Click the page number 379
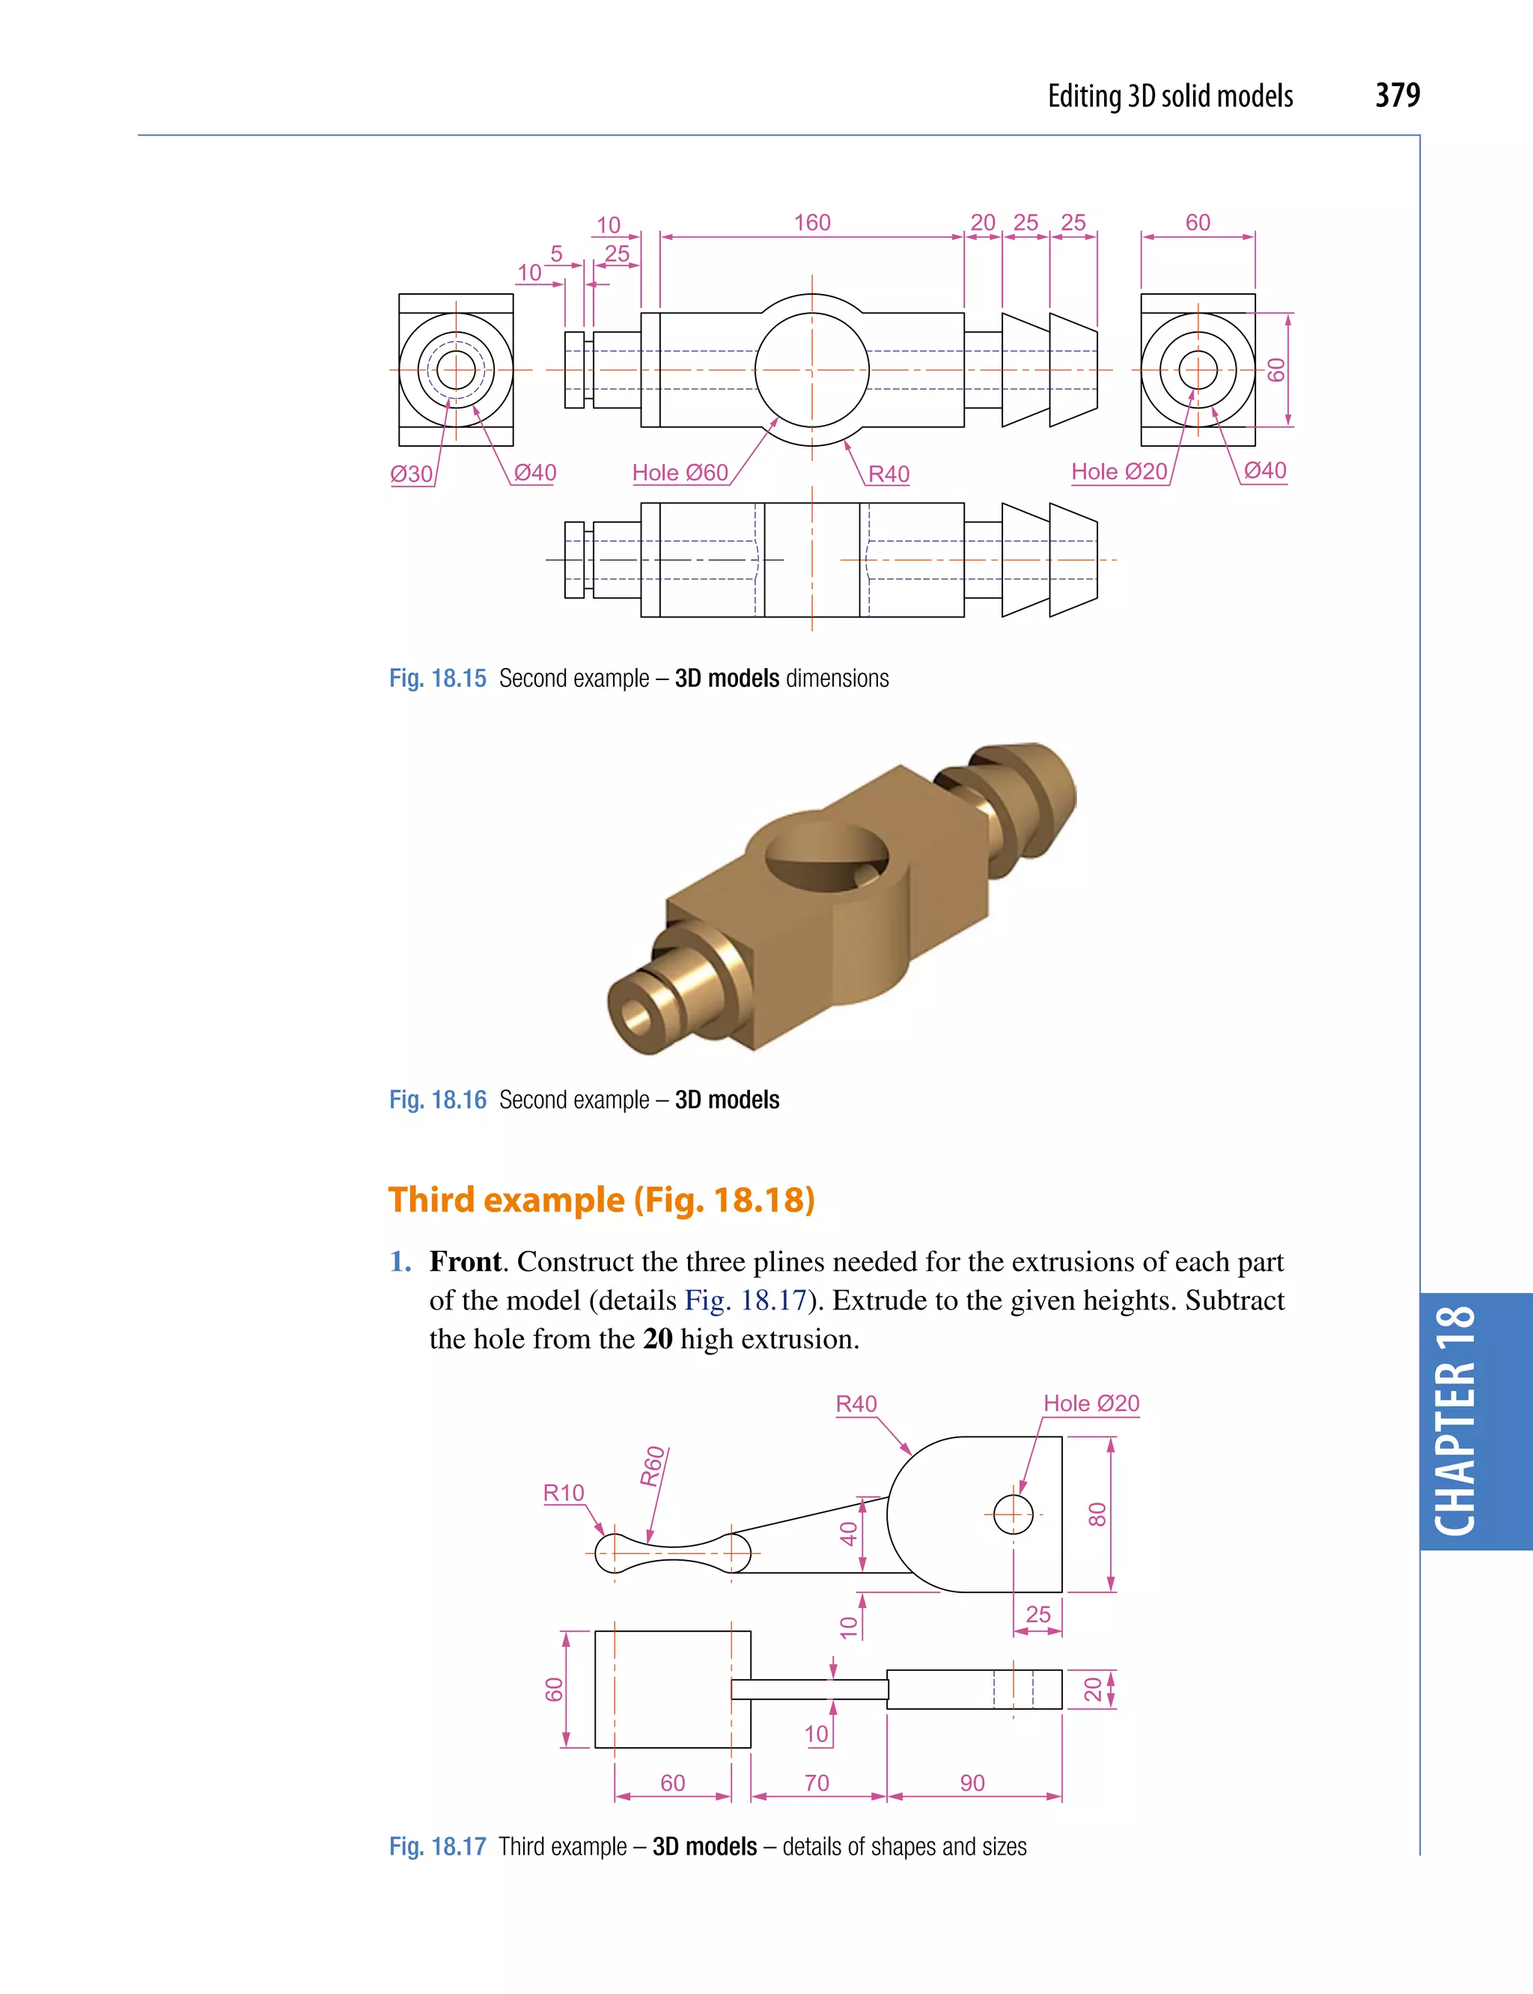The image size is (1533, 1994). [1397, 95]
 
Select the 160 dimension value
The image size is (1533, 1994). [811, 222]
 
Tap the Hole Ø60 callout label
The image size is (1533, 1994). [680, 473]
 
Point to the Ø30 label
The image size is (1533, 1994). [411, 474]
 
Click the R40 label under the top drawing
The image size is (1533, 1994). [888, 474]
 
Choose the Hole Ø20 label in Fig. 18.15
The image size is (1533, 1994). [1119, 471]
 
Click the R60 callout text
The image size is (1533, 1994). [653, 1467]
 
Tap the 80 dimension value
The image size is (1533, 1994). [1097, 1515]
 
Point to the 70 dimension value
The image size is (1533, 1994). [817, 1782]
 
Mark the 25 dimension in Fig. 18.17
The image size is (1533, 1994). [1037, 1615]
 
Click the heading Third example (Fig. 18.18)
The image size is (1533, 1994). [601, 1199]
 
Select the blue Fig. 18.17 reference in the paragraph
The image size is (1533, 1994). [746, 1300]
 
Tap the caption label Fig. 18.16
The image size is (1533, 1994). [438, 1100]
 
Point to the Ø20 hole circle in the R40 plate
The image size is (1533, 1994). [1013, 1515]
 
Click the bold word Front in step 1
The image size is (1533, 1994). [466, 1261]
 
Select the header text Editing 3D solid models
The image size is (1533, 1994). [1170, 96]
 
